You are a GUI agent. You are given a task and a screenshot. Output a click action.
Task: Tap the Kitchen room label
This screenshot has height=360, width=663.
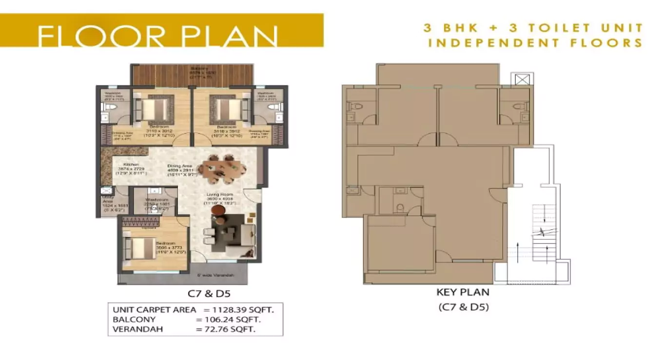(x=132, y=165)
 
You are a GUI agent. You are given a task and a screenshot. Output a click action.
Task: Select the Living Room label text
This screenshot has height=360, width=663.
(x=218, y=195)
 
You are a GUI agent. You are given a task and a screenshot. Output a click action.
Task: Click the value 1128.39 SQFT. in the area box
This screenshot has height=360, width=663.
(x=239, y=310)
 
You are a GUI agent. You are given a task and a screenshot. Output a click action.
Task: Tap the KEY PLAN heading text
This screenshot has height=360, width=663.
(x=463, y=293)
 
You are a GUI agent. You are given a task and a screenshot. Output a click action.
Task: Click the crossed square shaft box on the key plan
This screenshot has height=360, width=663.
(x=522, y=79)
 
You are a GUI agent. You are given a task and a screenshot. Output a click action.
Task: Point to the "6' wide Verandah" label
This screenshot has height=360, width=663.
(x=215, y=276)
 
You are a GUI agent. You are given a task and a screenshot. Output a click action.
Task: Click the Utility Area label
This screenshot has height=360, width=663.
(x=108, y=202)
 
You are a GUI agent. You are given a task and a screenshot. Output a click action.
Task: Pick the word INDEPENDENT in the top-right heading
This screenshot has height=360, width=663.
(x=492, y=43)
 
